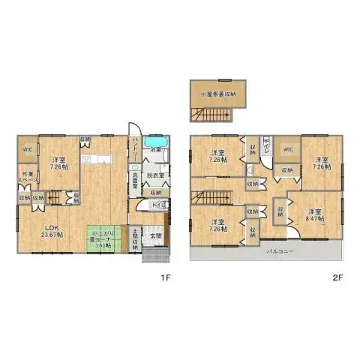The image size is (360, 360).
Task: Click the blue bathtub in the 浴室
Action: click(156, 142)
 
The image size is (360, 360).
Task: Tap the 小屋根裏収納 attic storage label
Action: click(217, 94)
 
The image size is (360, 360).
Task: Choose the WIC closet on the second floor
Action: click(287, 148)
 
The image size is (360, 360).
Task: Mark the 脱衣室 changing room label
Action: click(156, 175)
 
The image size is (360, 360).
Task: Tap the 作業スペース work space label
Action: click(26, 180)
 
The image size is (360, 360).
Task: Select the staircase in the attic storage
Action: click(200, 114)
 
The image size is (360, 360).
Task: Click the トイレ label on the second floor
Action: click(265, 142)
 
